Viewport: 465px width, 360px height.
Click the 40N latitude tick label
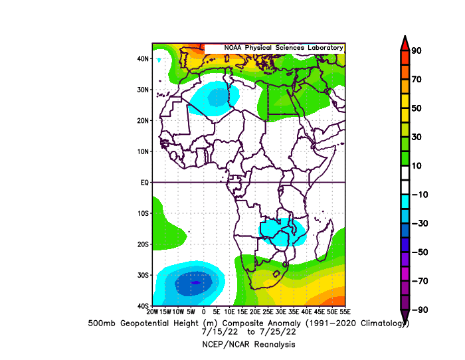pyautogui.click(x=143, y=58)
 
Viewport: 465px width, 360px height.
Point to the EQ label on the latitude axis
pyautogui.click(x=144, y=183)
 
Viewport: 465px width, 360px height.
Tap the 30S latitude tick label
pyautogui.click(x=143, y=275)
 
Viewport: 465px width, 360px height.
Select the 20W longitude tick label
pyautogui.click(x=152, y=312)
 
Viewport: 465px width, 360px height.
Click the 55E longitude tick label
pyautogui.click(x=345, y=312)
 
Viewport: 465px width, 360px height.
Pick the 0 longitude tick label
pyautogui.click(x=204, y=312)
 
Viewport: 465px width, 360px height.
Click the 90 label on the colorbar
pyautogui.click(x=417, y=50)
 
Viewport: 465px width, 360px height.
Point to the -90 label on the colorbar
pyautogui.click(x=420, y=310)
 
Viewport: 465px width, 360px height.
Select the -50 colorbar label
pyautogui.click(x=420, y=252)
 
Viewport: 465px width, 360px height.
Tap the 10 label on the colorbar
pyautogui.click(x=417, y=166)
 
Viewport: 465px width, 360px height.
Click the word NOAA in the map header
pyautogui.click(x=232, y=48)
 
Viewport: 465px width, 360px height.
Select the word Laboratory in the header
pyautogui.click(x=325, y=48)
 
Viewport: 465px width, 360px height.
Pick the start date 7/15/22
pyautogui.click(x=219, y=331)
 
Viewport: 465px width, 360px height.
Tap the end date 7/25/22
pyautogui.click(x=278, y=331)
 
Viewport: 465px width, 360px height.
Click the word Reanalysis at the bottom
pyautogui.click(x=274, y=345)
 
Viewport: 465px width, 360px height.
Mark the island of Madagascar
pyautogui.click(x=325, y=241)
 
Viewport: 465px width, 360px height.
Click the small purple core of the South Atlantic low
pyautogui.click(x=195, y=282)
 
